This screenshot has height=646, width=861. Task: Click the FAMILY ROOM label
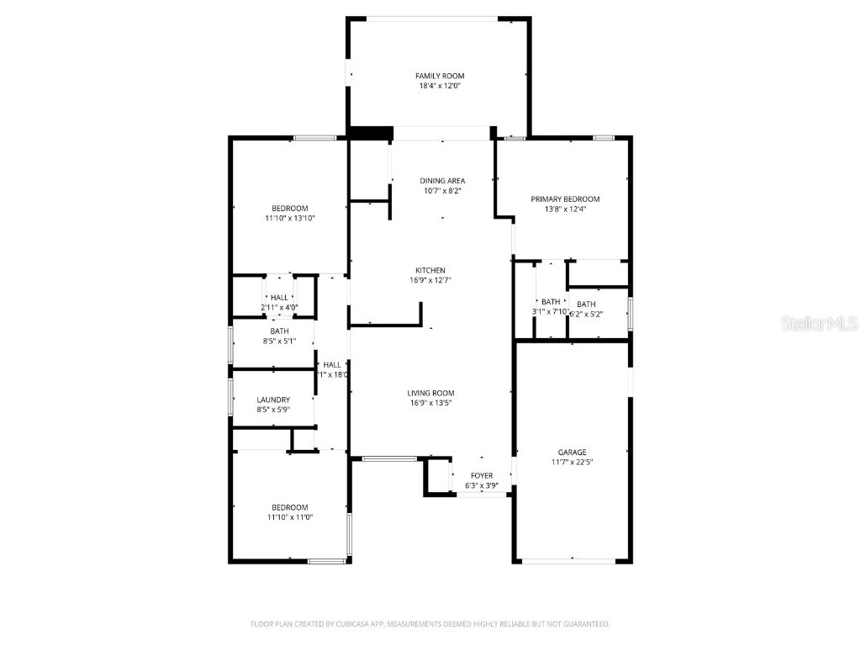pyautogui.click(x=440, y=76)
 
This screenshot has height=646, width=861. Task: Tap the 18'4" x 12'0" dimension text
pyautogui.click(x=440, y=86)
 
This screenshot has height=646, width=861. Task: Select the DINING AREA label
pyautogui.click(x=442, y=181)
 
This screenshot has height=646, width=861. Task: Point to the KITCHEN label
pyautogui.click(x=430, y=270)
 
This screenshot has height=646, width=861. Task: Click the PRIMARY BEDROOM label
pyautogui.click(x=565, y=199)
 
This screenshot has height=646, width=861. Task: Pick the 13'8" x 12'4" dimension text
pyautogui.click(x=565, y=209)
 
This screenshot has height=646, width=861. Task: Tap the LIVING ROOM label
pyautogui.click(x=430, y=393)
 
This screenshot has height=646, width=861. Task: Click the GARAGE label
pyautogui.click(x=572, y=453)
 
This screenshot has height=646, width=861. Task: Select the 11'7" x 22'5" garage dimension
pyautogui.click(x=572, y=463)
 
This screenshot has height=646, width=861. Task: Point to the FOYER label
pyautogui.click(x=482, y=476)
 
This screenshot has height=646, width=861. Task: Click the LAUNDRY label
pyautogui.click(x=273, y=400)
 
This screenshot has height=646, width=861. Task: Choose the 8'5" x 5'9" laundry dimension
pyautogui.click(x=273, y=410)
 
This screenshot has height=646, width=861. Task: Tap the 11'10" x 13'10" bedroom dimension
pyautogui.click(x=289, y=219)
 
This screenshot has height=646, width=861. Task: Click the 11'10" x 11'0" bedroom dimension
pyautogui.click(x=289, y=517)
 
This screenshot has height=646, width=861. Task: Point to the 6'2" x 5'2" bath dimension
pyautogui.click(x=586, y=315)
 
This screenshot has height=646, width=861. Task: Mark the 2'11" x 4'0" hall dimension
pyautogui.click(x=279, y=307)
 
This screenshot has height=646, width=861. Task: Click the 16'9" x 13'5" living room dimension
pyautogui.click(x=430, y=403)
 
